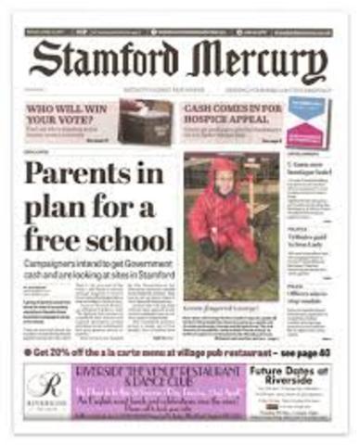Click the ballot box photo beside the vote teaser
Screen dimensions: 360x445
144,121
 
